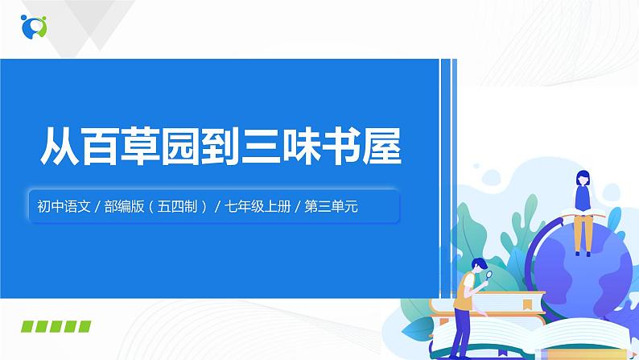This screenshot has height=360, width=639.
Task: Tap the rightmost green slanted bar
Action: pyautogui.click(x=83, y=327)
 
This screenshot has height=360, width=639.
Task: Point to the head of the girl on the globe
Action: pyautogui.click(x=580, y=178)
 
